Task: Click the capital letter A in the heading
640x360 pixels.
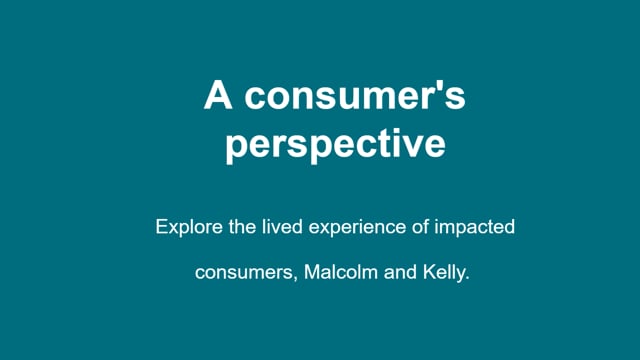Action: click(218, 95)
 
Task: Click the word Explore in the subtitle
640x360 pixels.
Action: click(189, 227)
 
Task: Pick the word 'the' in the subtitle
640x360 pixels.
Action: click(242, 227)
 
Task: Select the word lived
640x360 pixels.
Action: click(282, 227)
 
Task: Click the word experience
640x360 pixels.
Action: click(357, 228)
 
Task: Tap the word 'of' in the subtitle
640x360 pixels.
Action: click(420, 227)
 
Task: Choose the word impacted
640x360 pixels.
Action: click(474, 228)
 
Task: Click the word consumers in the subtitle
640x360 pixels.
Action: click(244, 273)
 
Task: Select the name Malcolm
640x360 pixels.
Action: click(341, 271)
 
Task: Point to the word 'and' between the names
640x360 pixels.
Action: click(400, 271)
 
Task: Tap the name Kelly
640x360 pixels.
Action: click(444, 273)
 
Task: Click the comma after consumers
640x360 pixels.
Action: click(296, 278)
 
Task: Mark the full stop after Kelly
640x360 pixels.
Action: click(467, 278)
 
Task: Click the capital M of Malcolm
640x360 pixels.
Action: click(312, 271)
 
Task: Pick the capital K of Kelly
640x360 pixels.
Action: click(430, 271)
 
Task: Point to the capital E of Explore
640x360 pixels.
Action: click(162, 227)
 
